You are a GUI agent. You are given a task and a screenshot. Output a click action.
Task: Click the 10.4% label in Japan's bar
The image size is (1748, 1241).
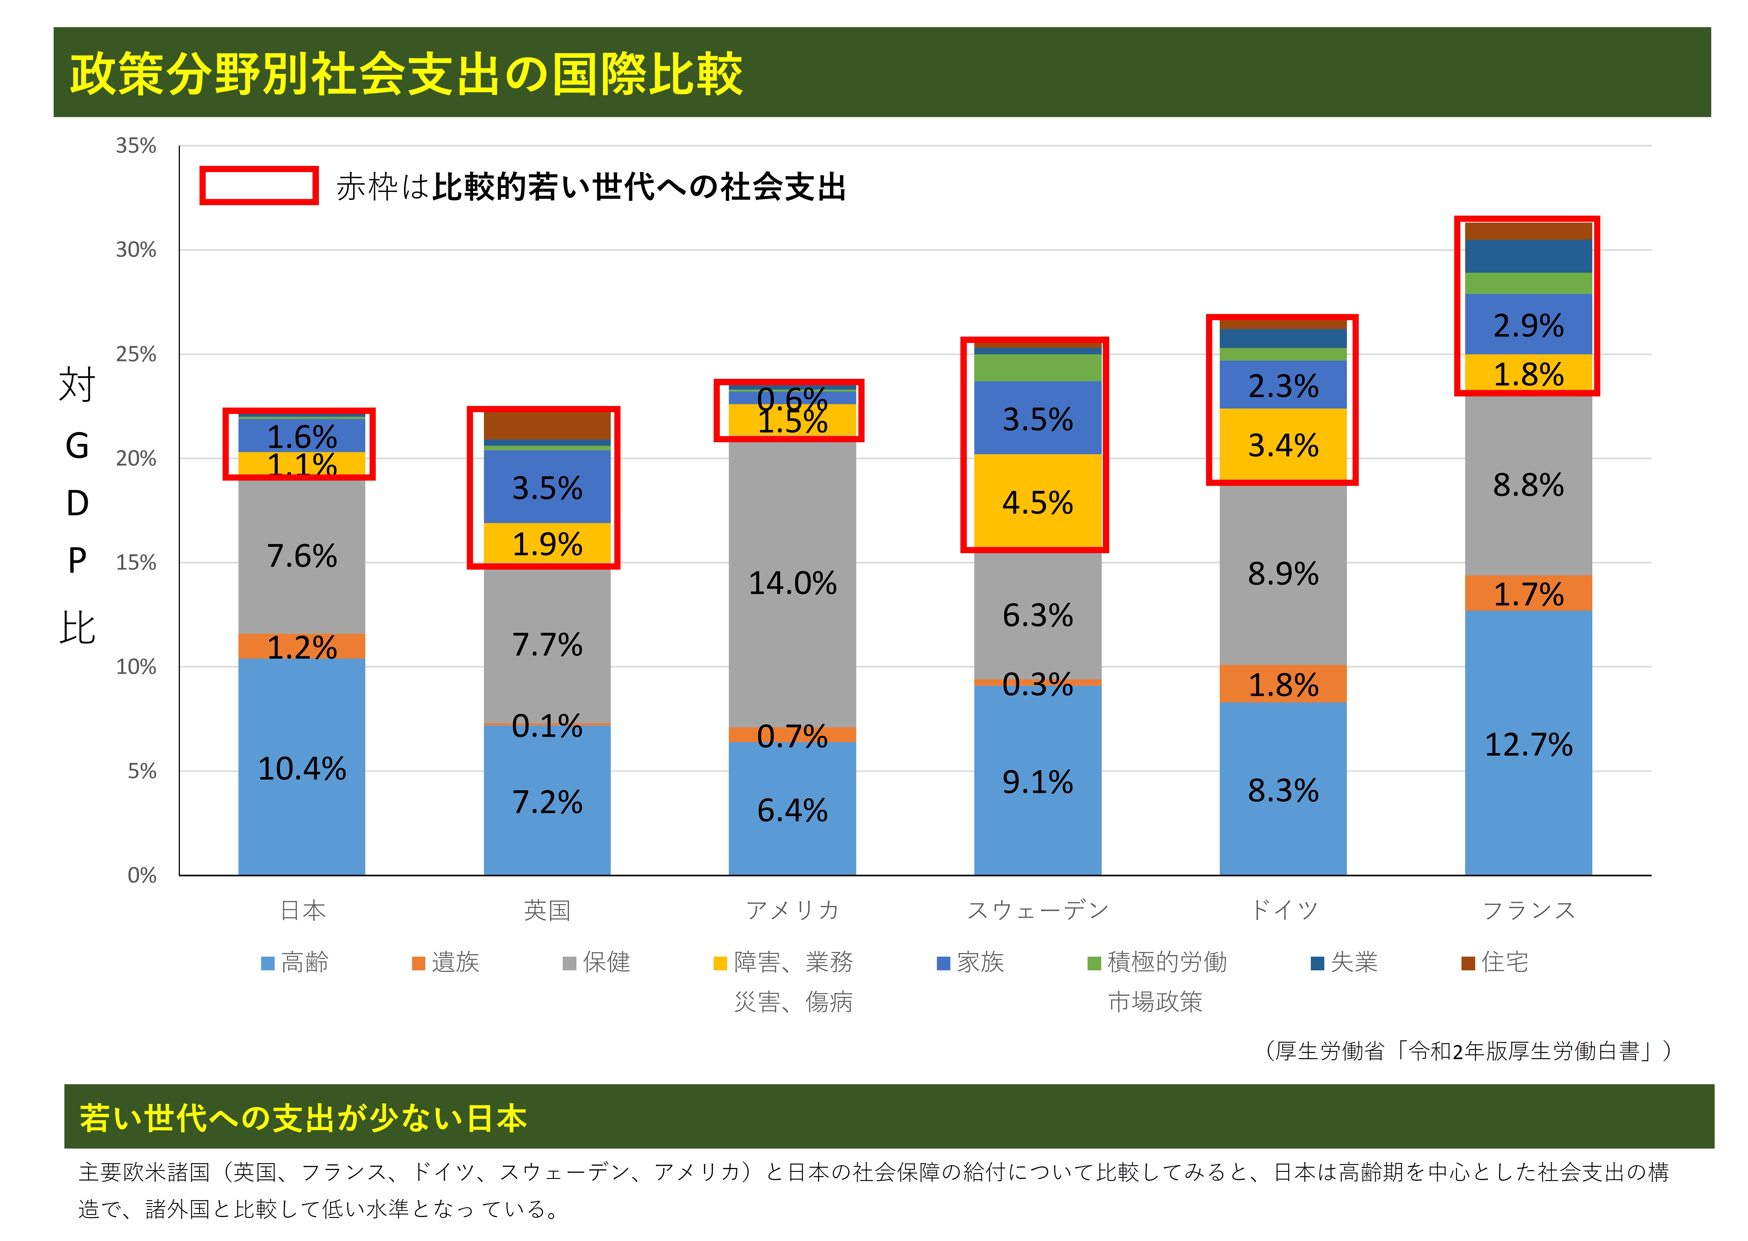pos(302,769)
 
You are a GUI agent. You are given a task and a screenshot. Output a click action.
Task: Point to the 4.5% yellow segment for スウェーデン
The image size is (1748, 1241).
pos(1037,502)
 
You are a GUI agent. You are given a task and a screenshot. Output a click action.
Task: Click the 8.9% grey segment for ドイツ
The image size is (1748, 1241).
pos(1283,574)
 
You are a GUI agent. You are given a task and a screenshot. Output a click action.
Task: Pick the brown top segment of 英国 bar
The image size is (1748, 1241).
pos(547,426)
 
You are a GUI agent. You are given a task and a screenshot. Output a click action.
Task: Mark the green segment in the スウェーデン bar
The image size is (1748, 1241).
pos(1037,368)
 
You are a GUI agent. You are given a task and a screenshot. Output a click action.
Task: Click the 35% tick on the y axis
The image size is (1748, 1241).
pos(136,146)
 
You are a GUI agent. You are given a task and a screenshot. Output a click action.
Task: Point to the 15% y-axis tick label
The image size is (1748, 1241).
pos(136,563)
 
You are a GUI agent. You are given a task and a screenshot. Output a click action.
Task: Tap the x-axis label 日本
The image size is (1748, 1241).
pos(303,910)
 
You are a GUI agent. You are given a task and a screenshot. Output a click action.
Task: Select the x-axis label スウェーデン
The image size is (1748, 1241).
pos(1037,910)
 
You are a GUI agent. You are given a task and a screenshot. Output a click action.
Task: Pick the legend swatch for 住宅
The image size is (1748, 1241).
pos(1467,963)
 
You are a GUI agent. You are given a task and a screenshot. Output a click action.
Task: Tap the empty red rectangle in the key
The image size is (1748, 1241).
pos(259,186)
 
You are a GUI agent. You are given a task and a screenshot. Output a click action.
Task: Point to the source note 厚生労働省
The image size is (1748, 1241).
pos(1467,1052)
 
